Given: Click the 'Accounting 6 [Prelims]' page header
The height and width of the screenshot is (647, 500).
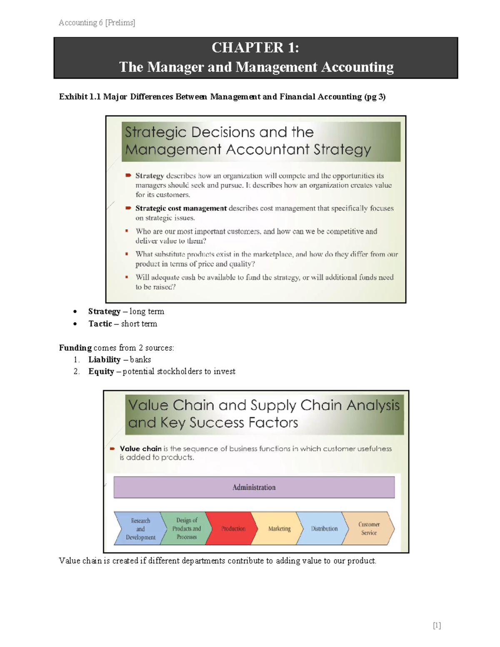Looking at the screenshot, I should point(97,22).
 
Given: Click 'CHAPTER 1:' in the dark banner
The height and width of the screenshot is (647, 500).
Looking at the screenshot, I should point(255,47).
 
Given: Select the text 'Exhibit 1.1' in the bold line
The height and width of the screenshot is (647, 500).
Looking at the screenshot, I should point(79,97).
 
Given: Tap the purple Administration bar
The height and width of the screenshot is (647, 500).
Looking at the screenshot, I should point(254,487).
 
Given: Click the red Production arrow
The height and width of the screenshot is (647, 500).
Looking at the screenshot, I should point(231,528).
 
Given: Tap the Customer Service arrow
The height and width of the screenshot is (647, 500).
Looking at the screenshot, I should point(369,528).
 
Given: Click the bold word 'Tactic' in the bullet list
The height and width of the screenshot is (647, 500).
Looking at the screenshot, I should point(100,324).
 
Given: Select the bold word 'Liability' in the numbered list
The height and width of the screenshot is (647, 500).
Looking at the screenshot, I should point(104,360).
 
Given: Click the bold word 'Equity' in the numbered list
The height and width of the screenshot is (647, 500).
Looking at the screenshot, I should point(101,371).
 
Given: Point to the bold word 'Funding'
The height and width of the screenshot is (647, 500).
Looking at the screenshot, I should point(75,347).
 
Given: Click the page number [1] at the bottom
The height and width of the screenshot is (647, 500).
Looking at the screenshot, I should point(437,625).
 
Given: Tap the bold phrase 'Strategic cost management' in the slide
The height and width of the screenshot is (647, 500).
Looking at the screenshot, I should point(181,208).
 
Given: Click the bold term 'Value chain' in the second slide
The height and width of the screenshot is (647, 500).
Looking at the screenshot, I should point(140,449).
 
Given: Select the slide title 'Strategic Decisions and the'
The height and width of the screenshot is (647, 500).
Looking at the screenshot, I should point(219,132).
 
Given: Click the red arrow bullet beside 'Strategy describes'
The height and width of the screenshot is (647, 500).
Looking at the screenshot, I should point(128,175).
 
